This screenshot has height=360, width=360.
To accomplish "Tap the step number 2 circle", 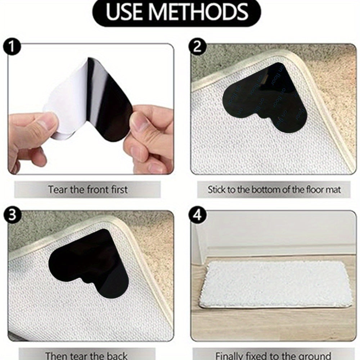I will point(197,48).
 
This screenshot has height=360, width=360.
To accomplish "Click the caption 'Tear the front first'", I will point(88,189).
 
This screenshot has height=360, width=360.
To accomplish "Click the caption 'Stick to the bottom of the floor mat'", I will point(274,189).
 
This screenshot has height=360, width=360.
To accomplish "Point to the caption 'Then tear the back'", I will point(86,356).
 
